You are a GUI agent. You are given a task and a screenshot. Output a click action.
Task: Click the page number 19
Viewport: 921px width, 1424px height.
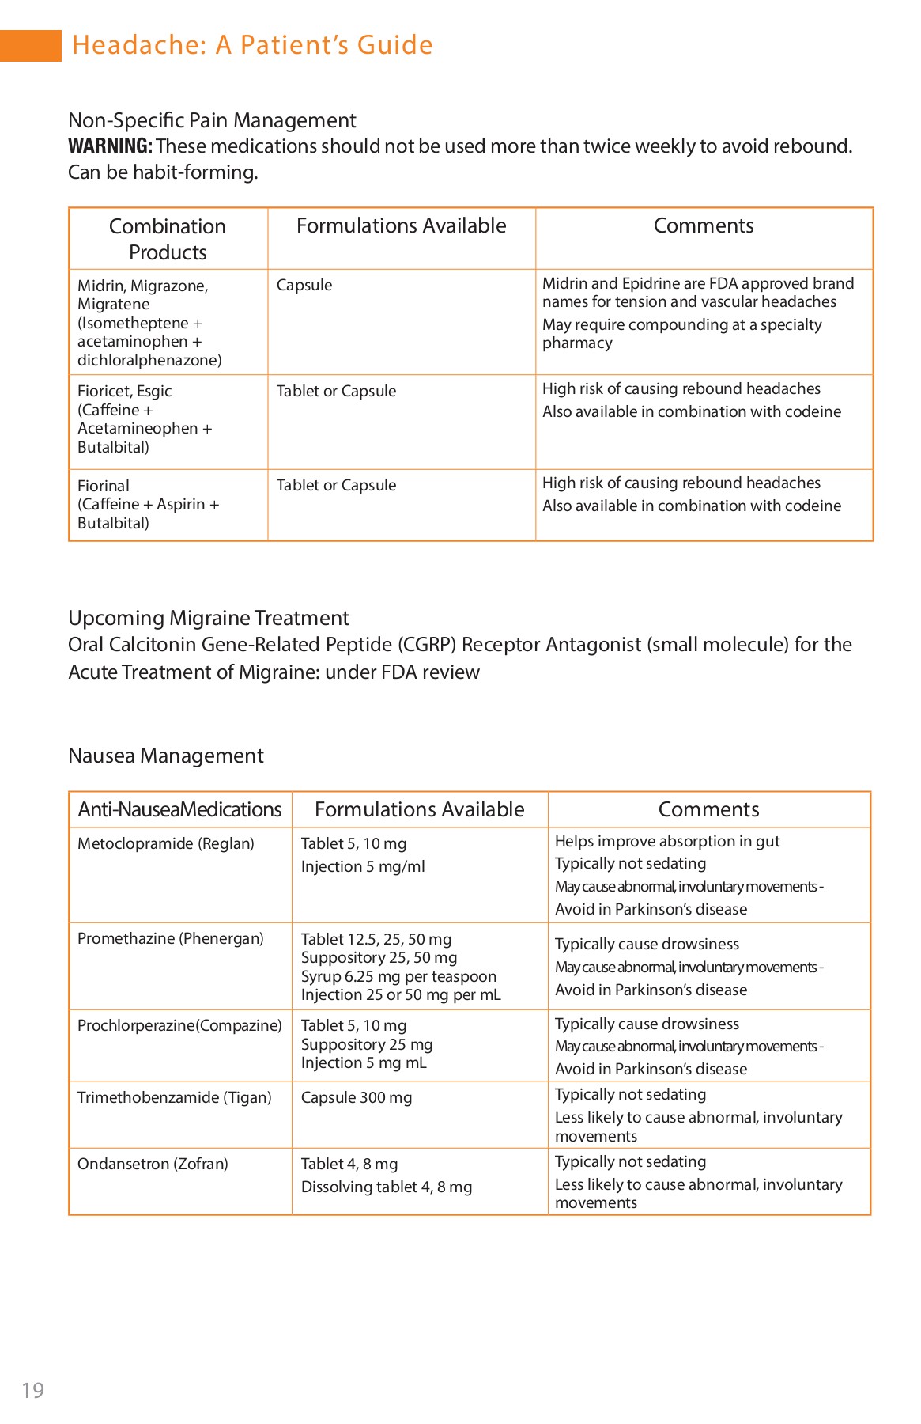[x=33, y=1390]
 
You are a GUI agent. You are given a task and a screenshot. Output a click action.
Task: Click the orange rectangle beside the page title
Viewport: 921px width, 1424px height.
[x=30, y=45]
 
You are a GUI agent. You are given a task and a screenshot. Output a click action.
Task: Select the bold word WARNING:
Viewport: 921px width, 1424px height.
[x=110, y=146]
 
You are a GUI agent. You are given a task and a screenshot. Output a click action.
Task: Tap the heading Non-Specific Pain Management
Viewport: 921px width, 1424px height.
[x=212, y=120]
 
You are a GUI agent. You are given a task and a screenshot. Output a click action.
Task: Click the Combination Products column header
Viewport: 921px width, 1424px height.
[x=168, y=239]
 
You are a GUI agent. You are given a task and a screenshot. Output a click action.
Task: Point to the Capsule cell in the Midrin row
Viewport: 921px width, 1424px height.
[x=304, y=285]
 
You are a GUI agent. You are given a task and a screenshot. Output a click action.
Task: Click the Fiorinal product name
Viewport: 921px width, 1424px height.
[x=104, y=486]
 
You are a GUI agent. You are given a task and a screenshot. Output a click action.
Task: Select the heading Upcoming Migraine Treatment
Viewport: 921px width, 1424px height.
[x=209, y=618]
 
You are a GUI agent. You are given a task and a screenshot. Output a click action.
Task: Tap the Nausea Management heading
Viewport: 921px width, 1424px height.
[x=166, y=756]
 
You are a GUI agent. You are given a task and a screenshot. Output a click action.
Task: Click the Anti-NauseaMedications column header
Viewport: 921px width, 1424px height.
[x=179, y=809]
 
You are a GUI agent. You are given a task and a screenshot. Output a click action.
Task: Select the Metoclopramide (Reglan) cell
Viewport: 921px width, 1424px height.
[x=166, y=843]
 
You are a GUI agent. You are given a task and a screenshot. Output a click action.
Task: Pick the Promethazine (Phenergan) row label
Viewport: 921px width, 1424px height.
[x=171, y=938]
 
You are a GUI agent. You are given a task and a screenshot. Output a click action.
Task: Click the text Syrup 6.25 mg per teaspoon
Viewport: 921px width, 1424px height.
[x=398, y=976]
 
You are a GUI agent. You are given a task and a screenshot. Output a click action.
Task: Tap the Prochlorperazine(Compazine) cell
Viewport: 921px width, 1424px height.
[x=179, y=1025]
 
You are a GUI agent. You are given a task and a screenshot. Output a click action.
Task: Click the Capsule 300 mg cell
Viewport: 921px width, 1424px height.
[x=357, y=1097]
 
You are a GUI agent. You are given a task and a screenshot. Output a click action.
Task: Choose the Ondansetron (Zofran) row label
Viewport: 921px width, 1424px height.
[x=153, y=1164]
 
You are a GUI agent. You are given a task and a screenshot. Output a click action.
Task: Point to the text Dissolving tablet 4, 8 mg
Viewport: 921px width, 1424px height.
[x=387, y=1187]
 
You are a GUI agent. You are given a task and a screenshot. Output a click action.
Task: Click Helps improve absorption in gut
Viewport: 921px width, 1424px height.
[x=667, y=841]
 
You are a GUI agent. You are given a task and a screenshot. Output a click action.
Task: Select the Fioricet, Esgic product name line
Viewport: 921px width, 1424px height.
[x=125, y=391]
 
